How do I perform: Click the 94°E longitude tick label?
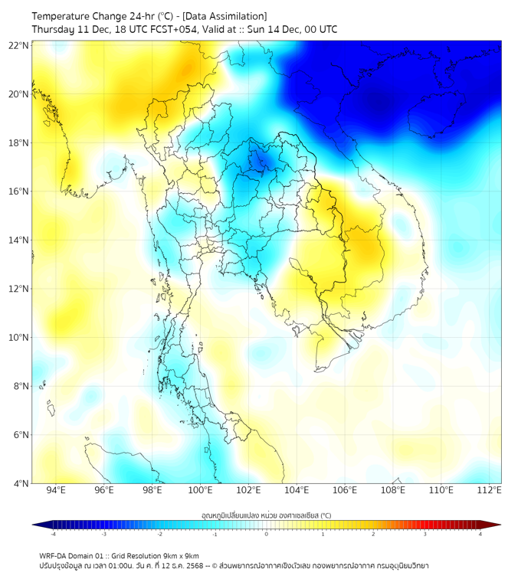[56, 490]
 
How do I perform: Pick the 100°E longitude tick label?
[201, 490]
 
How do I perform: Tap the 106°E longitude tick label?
[345, 490]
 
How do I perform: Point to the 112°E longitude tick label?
[490, 490]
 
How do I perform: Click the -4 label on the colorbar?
[52, 535]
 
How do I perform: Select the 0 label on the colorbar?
[267, 535]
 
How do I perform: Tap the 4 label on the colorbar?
[480, 535]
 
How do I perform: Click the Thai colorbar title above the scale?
[266, 515]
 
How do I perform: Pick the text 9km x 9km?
[180, 556]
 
